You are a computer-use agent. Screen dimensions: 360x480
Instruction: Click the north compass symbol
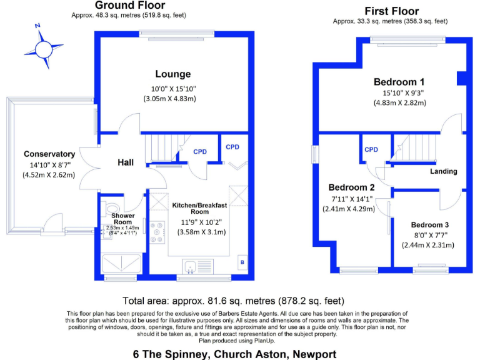click(x=44, y=46)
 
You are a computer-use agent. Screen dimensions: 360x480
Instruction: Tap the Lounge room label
click(x=169, y=73)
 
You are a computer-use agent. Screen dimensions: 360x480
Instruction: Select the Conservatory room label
click(x=49, y=154)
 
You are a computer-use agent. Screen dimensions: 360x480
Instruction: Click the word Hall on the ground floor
click(x=126, y=162)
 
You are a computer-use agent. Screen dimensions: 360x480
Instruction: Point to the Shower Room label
click(x=122, y=219)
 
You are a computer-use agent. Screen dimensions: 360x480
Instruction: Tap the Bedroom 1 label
click(x=399, y=82)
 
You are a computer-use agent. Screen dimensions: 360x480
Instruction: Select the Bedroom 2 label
click(x=351, y=187)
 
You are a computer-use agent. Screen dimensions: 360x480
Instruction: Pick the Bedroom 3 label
click(x=430, y=225)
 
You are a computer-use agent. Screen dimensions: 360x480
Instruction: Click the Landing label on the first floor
click(x=444, y=171)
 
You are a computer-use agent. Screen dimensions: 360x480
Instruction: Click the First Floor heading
click(x=391, y=11)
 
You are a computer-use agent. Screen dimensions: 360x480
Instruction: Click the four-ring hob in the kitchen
click(x=157, y=232)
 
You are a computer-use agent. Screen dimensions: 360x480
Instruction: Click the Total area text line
click(x=233, y=301)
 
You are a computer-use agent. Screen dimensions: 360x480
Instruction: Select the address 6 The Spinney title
click(x=234, y=353)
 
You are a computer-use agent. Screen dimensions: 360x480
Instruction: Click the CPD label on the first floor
click(x=371, y=150)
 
